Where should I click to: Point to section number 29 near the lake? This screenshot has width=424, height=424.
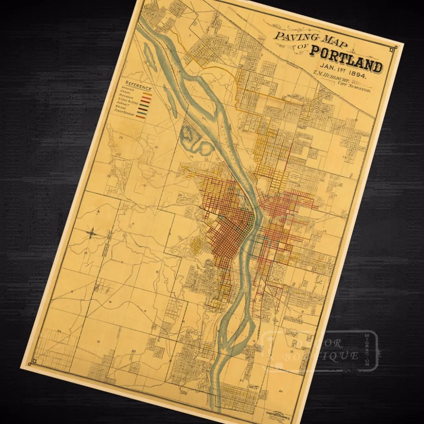191,156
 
